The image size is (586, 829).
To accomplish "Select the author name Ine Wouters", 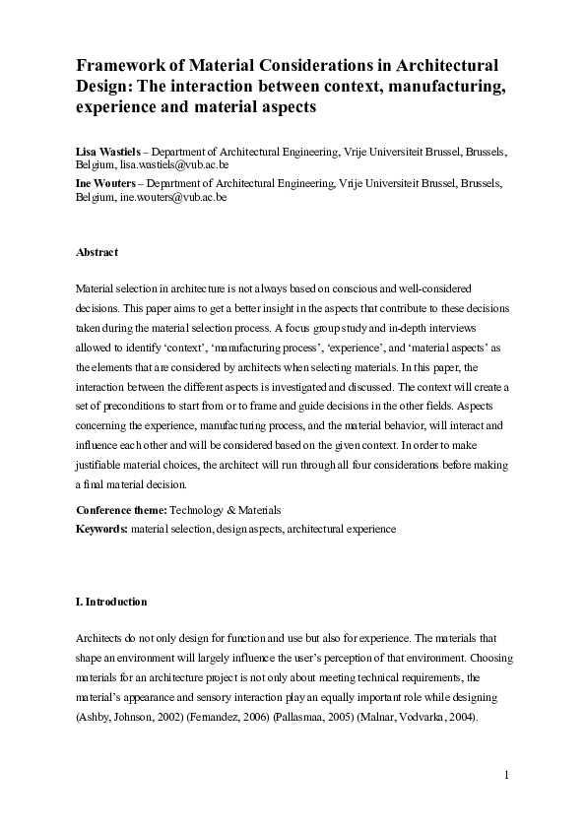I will coord(103,183).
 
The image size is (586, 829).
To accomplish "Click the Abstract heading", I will coord(97,253).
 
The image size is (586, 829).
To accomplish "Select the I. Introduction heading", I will coord(111,602).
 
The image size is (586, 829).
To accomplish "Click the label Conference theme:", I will coord(121,510).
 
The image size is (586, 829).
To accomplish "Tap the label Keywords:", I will coord(101,529).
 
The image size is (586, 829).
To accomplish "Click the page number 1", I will coord(506,776).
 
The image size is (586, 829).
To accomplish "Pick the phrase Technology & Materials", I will coord(226,510).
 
